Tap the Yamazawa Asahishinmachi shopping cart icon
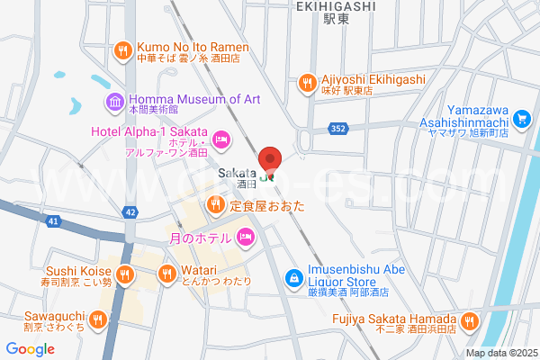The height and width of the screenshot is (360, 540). point(522,117)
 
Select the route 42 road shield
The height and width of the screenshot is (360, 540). point(131,212)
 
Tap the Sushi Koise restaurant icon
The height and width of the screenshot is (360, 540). point(125,274)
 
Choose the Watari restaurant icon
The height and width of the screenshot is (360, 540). point(166,274)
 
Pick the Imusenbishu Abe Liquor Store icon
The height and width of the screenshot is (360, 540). point(292,280)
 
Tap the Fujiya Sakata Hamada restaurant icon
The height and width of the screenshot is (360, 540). point(469,321)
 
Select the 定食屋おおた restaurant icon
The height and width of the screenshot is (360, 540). point(216,205)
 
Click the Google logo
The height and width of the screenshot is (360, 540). point(30,348)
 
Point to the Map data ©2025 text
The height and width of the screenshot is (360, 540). point(499,352)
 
